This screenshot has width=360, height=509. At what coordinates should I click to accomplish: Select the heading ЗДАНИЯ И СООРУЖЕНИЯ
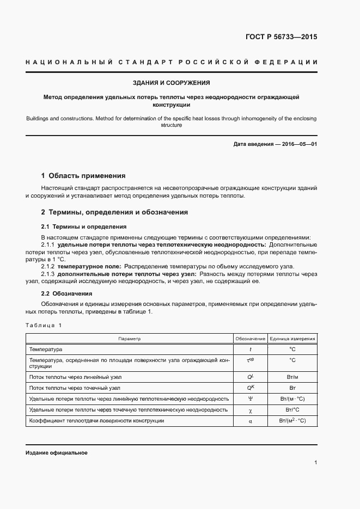point(172,83)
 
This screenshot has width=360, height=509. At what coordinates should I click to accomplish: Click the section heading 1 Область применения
point(83,176)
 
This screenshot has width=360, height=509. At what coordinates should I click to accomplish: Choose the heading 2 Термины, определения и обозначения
point(114,212)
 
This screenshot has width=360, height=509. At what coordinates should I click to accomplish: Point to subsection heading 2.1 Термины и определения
point(84,226)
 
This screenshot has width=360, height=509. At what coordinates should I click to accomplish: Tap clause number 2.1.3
point(48,274)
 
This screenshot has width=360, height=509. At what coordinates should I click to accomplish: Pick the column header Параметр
point(130,339)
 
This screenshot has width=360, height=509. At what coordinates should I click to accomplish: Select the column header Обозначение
point(251,339)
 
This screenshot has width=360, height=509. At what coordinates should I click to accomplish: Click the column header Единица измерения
point(292,339)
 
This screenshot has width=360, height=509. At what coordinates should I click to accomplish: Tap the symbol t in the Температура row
point(251,348)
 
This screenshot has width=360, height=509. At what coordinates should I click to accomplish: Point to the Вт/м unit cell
point(292,377)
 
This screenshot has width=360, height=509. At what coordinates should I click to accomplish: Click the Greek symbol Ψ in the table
point(251,398)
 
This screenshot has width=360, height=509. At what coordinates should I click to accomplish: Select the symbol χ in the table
point(251,409)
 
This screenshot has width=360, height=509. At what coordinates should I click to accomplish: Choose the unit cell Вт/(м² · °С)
point(292,420)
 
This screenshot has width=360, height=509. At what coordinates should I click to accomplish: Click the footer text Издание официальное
point(57,453)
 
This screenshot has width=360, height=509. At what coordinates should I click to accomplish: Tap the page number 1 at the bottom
point(316,463)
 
